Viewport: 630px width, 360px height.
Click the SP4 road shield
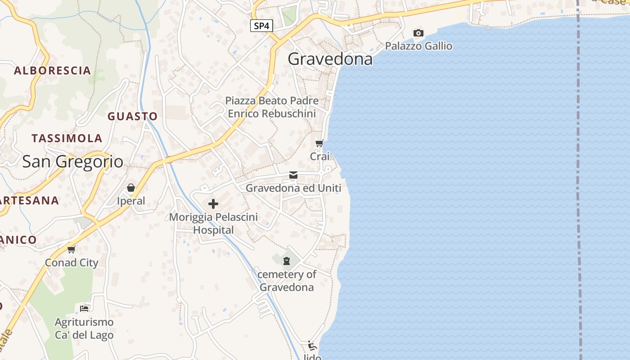(261, 26)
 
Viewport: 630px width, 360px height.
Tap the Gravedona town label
(330, 59)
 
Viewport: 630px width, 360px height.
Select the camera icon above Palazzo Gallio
(418, 33)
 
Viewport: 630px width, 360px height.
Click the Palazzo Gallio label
(418, 46)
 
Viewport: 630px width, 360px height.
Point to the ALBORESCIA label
(53, 70)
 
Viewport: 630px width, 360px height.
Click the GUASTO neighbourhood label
(132, 116)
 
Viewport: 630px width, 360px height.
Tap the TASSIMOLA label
(67, 138)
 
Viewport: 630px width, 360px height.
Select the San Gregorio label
(72, 162)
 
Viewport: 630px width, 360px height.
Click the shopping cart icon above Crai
(319, 144)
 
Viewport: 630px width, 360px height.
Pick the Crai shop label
(319, 156)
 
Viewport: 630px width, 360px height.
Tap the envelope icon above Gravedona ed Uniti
(293, 175)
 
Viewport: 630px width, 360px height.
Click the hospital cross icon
(213, 204)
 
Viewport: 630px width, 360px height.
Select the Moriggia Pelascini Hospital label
(213, 223)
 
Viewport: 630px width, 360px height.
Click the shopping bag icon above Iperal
(131, 188)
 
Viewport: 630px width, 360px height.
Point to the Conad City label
(72, 262)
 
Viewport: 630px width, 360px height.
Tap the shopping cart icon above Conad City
(71, 249)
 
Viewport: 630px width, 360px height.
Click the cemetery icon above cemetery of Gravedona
(287, 261)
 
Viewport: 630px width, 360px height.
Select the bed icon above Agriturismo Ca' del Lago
(84, 309)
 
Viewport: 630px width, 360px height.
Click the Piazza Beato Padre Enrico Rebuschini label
(272, 107)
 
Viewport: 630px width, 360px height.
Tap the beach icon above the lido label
(312, 346)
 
